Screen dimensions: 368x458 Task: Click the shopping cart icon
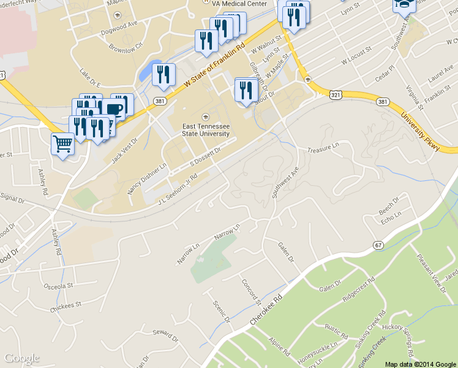pos(63,144)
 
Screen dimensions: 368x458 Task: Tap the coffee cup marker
pos(113,109)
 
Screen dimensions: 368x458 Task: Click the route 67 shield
pos(378,245)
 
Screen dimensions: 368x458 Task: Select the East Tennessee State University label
pos(206,129)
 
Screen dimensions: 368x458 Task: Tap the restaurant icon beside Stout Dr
pos(247,90)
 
